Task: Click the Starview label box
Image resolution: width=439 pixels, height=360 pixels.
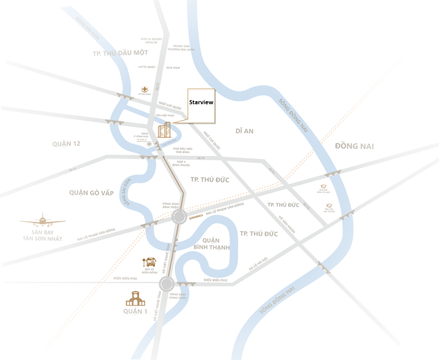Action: point(201,103)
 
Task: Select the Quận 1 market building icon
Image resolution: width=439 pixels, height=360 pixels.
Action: point(135,298)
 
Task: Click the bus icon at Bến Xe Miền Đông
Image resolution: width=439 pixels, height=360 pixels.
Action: point(151,262)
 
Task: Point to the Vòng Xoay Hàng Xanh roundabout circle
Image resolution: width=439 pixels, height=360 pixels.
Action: point(166,283)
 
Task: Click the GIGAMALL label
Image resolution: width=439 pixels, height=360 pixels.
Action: point(196,218)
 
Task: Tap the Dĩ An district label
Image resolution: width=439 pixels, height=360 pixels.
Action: point(244,131)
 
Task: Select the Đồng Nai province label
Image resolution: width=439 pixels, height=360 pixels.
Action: point(354,146)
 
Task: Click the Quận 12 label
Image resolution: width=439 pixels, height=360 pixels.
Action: point(66,144)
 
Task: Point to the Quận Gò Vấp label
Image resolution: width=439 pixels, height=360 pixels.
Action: point(91,193)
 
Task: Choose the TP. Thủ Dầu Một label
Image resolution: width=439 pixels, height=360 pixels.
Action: point(120,53)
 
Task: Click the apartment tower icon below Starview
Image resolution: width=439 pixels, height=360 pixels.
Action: point(164,129)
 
